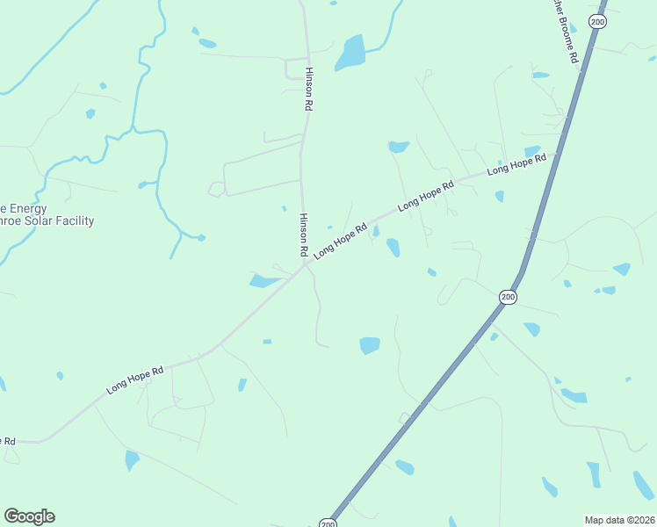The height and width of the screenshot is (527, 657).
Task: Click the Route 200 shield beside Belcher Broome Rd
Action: click(x=597, y=22)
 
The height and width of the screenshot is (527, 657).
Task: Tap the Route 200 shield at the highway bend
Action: click(x=508, y=298)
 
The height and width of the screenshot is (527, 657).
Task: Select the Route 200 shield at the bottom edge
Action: click(x=328, y=523)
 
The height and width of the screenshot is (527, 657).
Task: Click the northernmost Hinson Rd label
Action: click(x=308, y=89)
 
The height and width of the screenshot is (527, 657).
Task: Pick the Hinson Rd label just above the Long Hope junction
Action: click(x=304, y=235)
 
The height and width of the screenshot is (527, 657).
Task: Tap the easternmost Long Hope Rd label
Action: click(x=516, y=164)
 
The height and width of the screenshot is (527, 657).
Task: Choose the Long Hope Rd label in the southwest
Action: click(x=135, y=379)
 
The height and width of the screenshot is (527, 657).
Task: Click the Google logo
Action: click(x=29, y=516)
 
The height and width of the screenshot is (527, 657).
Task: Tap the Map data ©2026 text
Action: click(x=619, y=519)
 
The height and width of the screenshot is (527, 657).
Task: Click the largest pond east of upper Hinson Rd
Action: click(x=350, y=54)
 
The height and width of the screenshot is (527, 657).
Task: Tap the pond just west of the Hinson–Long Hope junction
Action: click(x=264, y=281)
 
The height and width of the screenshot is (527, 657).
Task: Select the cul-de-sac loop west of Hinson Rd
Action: click(x=216, y=189)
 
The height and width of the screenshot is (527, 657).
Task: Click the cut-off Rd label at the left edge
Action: click(x=7, y=440)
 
